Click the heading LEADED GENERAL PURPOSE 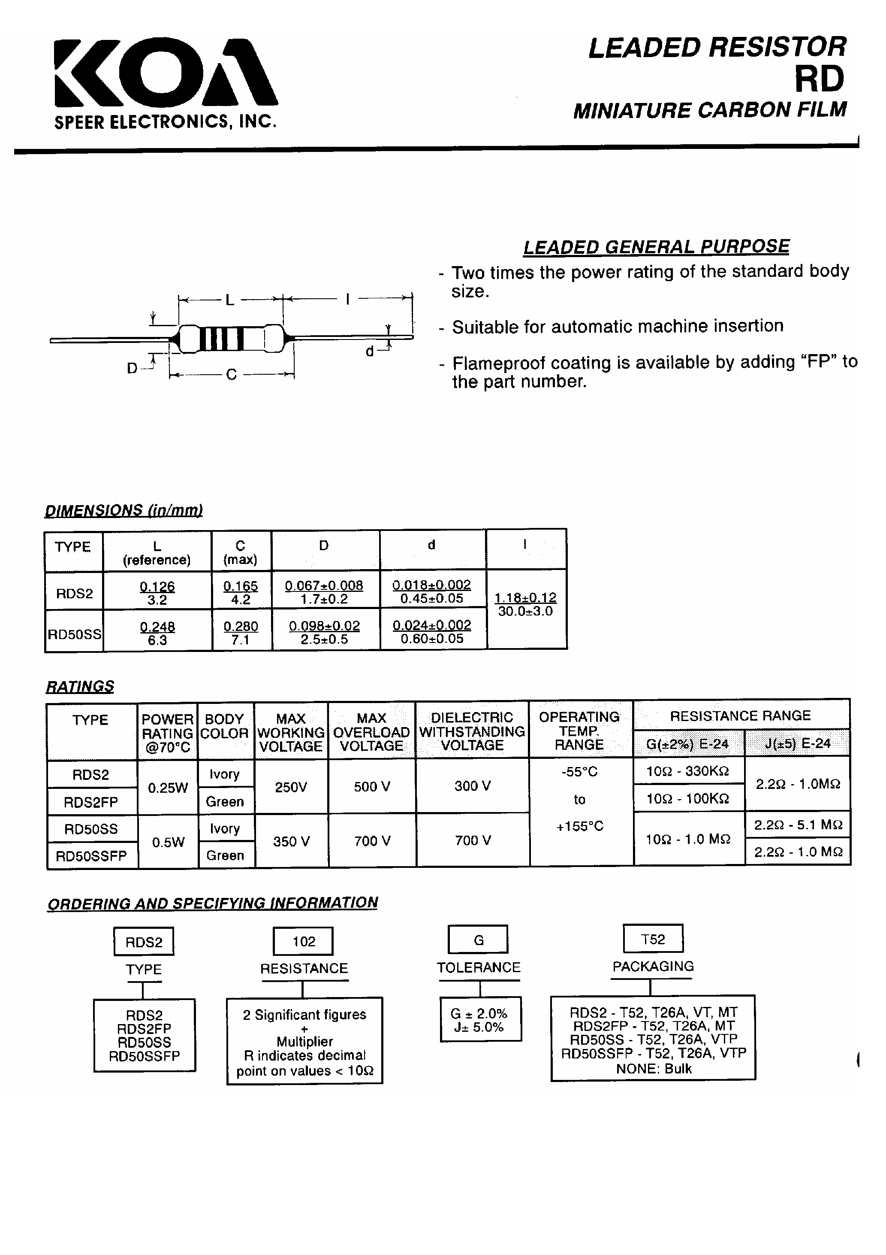[656, 247]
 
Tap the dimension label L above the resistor [230, 300]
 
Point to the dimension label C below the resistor [231, 374]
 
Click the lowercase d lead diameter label [370, 352]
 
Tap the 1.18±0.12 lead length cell [525, 604]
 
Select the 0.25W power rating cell [168, 788]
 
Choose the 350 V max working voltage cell [292, 841]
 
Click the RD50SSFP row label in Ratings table [92, 856]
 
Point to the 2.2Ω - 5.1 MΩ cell [798, 825]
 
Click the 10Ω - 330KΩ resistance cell [688, 771]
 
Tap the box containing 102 [303, 941]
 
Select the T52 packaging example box [653, 939]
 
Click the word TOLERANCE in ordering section [479, 967]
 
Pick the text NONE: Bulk [653, 1069]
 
